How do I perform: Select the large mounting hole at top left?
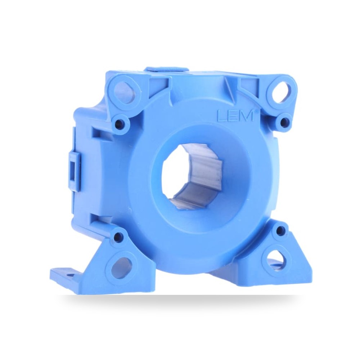[126, 91]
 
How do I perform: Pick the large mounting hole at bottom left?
[121, 267]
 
